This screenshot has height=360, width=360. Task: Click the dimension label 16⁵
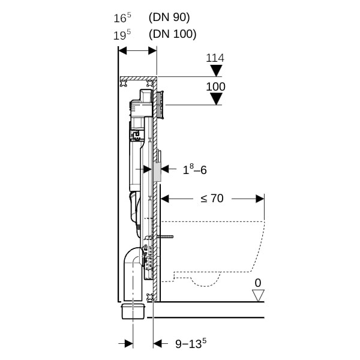tap(122, 17)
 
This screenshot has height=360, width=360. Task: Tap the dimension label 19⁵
tap(122, 34)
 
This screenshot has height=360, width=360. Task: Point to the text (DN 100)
tap(173, 34)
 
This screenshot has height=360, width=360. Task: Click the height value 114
tap(215, 58)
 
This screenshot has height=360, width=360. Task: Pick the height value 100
tap(215, 87)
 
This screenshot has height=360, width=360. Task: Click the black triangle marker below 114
tap(216, 71)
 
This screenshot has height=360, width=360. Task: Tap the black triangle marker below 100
tap(216, 99)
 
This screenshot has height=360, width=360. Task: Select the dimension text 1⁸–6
tap(194, 170)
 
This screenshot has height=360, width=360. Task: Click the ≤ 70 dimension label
tap(212, 198)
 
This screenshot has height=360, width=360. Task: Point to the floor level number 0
tap(258, 282)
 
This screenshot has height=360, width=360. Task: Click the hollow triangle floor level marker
tap(258, 295)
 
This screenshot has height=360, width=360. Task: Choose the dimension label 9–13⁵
tap(191, 344)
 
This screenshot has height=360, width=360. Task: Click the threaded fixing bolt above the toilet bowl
tap(166, 238)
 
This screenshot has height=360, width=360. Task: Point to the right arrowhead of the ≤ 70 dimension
tap(260, 199)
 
